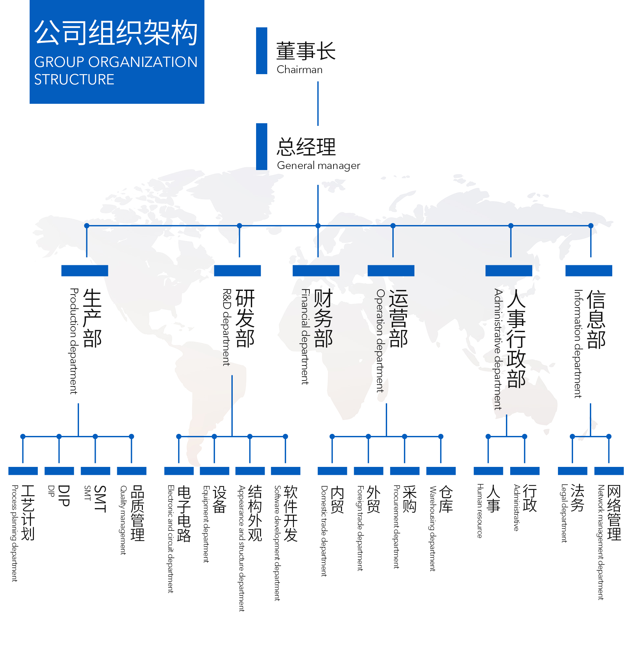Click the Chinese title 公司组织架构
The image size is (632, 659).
click(116, 33)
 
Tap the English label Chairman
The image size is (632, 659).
click(300, 70)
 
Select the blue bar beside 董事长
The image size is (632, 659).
click(262, 51)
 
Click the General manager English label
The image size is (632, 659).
click(318, 165)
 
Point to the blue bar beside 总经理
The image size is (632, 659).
click(262, 147)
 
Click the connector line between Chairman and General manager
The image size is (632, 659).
click(318, 103)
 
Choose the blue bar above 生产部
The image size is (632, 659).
click(85, 271)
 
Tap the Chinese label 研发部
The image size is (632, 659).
click(245, 318)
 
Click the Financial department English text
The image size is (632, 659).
click(304, 336)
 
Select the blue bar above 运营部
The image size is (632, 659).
click(391, 271)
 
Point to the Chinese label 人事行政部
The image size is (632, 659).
click(516, 339)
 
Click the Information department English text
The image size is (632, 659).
click(577, 344)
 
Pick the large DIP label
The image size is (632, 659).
click(64, 496)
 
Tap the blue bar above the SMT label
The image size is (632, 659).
click(95, 471)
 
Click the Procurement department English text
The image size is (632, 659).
click(397, 527)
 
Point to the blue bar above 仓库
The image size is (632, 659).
click(441, 471)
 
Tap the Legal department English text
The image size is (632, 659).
click(564, 513)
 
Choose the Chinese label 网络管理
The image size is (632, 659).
click(614, 513)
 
